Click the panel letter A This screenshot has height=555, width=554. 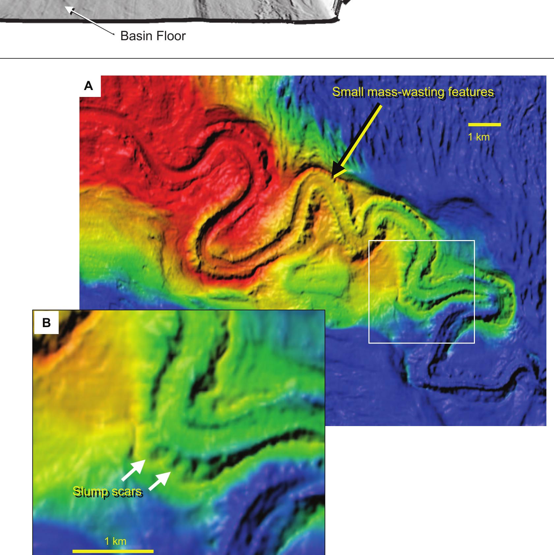[89, 86]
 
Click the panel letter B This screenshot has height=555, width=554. [46, 322]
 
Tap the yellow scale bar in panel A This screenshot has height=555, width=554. [484, 125]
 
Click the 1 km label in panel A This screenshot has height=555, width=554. [479, 137]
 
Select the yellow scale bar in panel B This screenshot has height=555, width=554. [113, 551]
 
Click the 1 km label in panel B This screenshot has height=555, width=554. [115, 541]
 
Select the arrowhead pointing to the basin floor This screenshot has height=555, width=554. [68, 9]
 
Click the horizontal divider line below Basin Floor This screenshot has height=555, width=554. [277, 58]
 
